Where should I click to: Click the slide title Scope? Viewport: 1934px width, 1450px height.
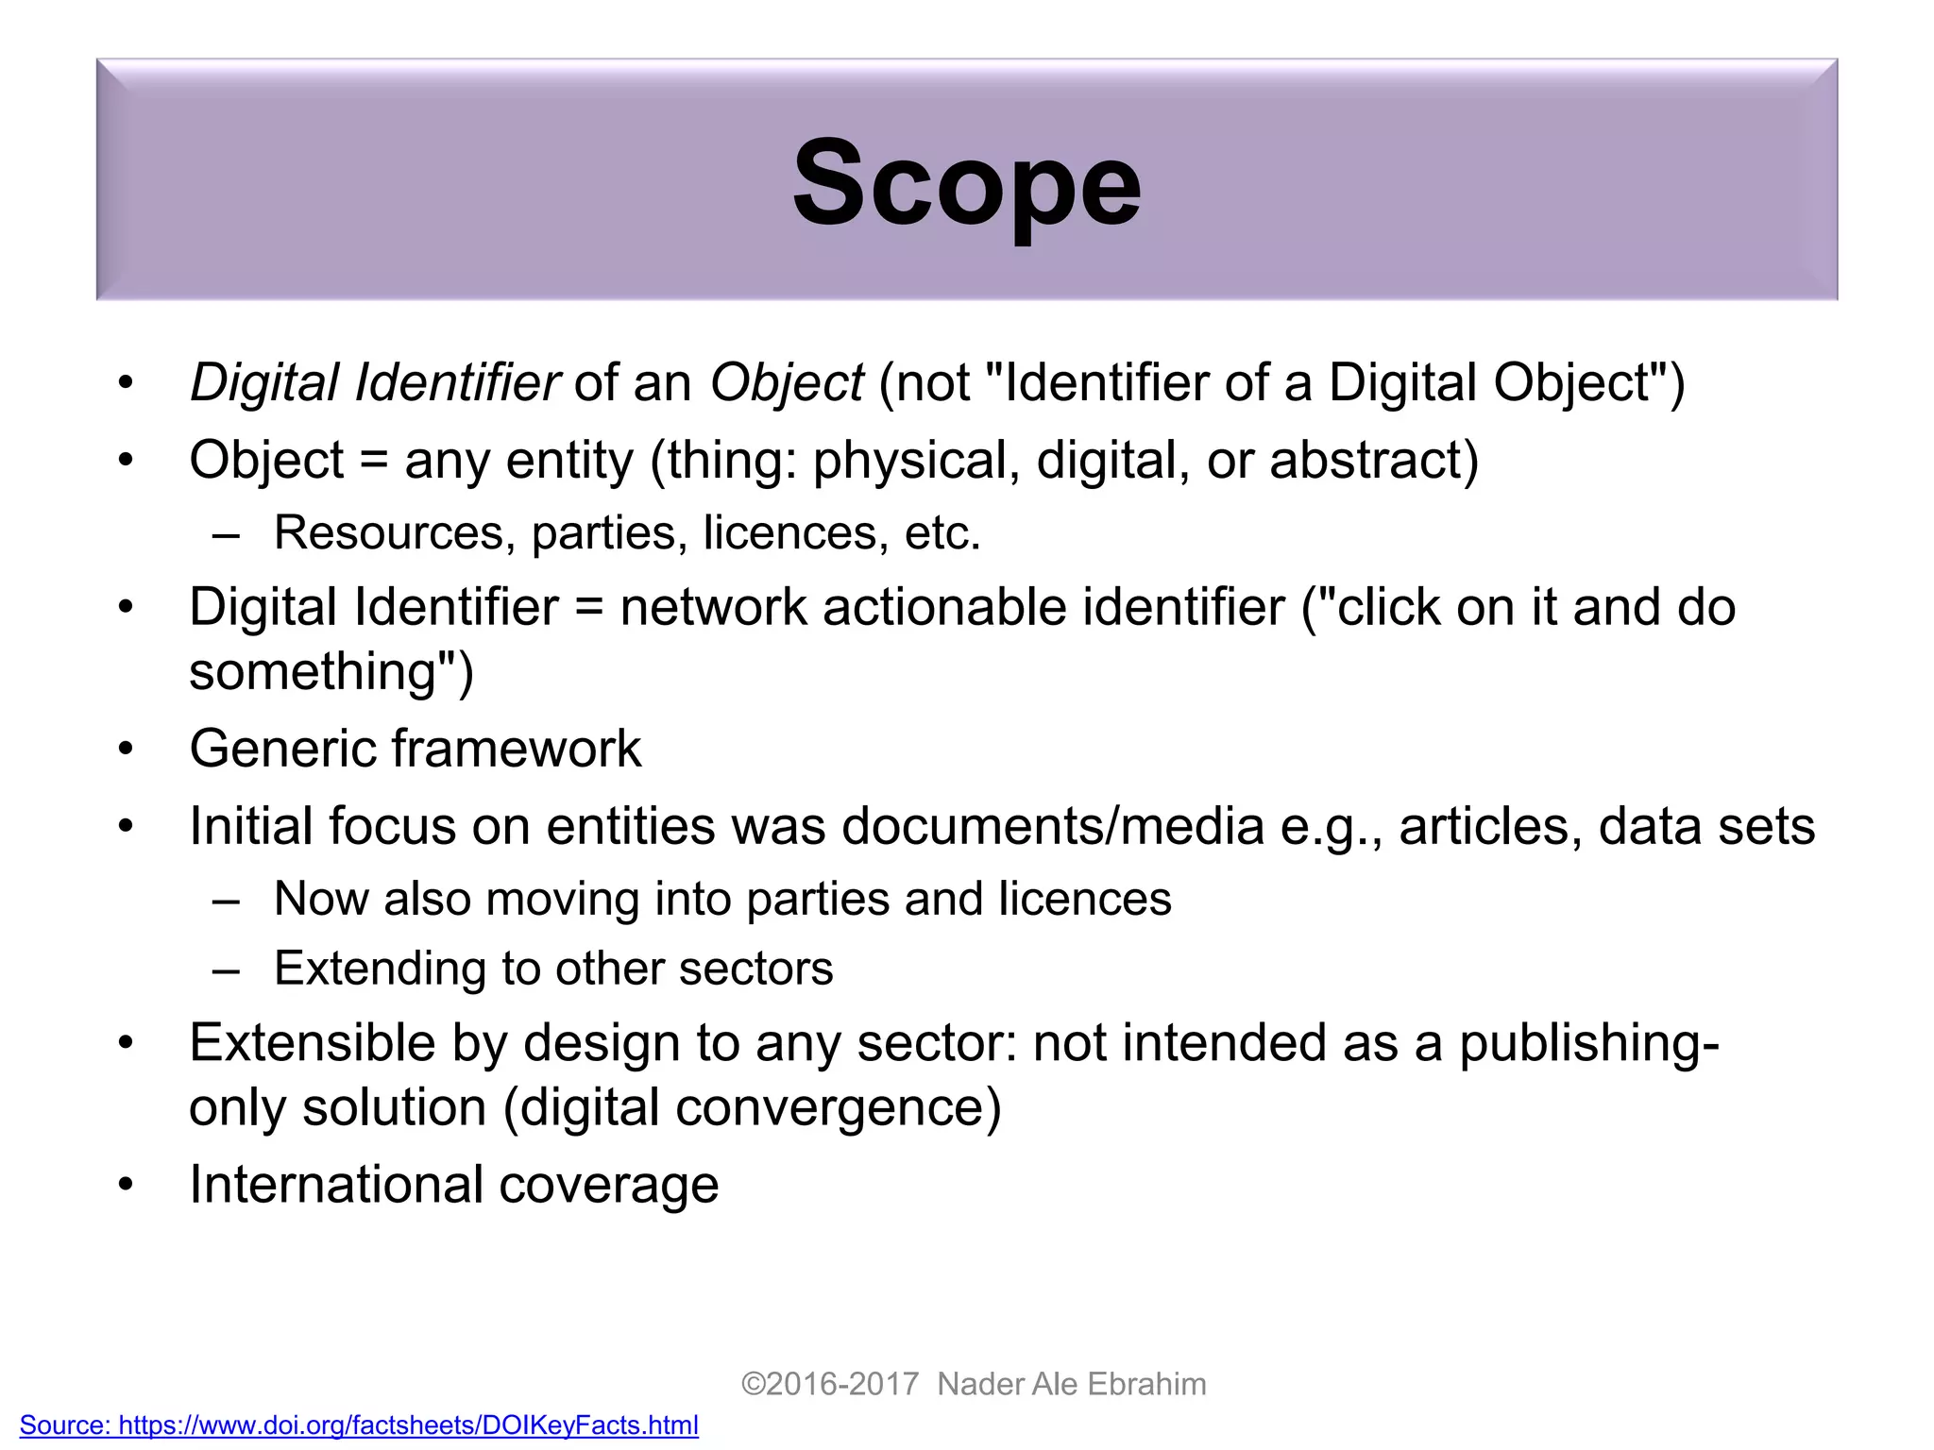click(967, 184)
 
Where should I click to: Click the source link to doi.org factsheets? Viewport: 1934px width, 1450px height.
click(359, 1425)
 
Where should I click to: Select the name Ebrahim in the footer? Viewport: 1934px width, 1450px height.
click(1146, 1384)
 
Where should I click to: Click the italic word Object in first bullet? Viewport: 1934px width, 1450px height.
click(787, 383)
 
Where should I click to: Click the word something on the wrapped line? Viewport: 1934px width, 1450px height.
click(312, 671)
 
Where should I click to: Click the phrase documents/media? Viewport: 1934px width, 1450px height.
click(1053, 826)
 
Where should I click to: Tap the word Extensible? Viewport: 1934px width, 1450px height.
click(312, 1043)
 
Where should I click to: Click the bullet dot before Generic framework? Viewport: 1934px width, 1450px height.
click(127, 750)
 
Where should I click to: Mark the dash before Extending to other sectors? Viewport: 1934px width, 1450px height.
click(227, 969)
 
